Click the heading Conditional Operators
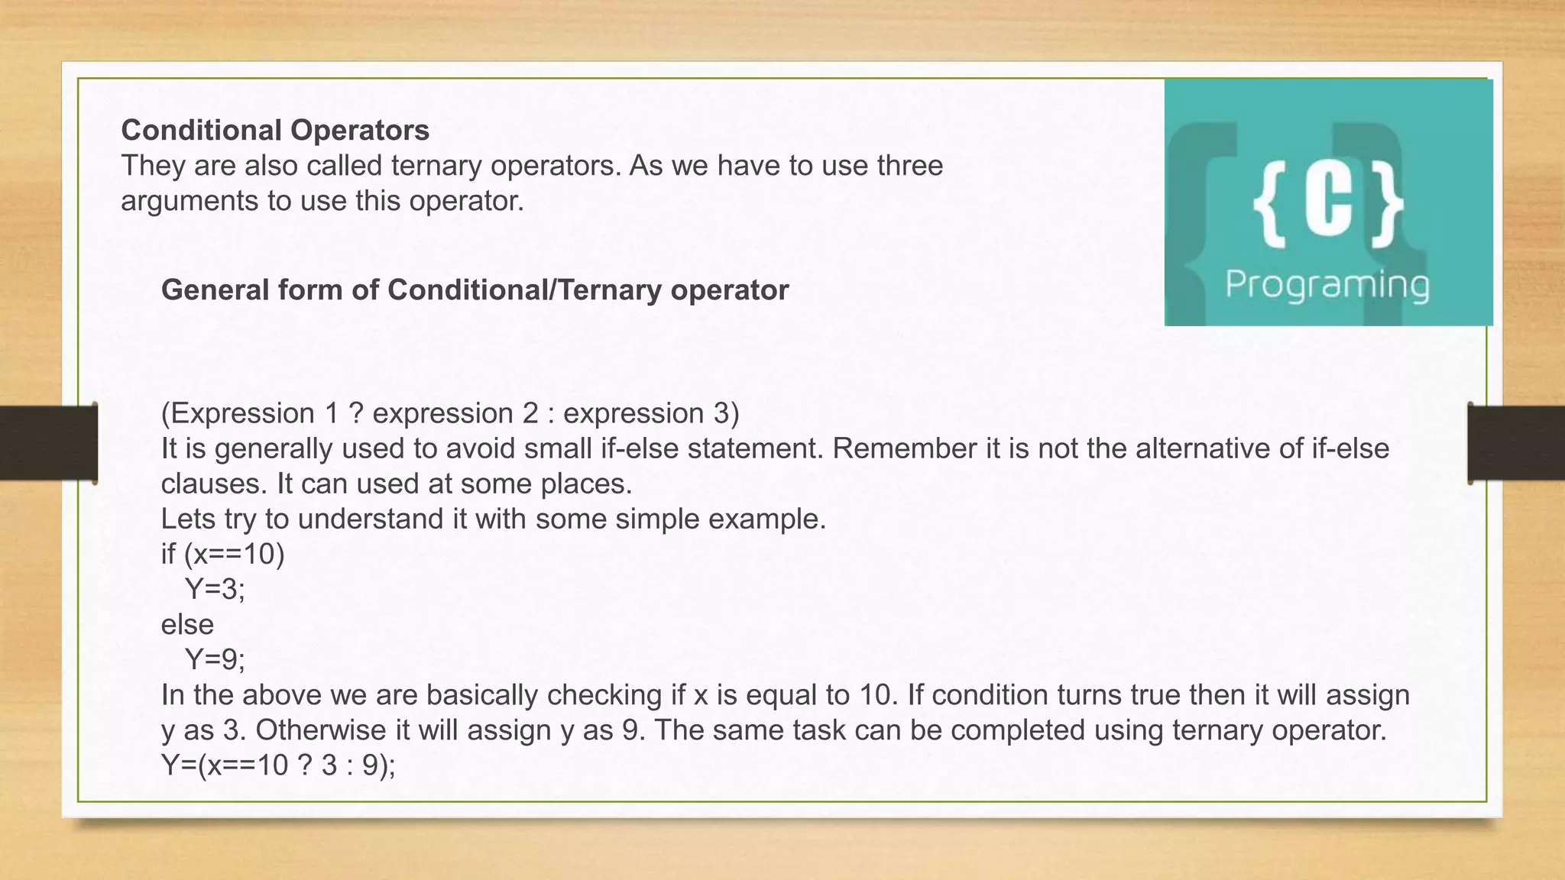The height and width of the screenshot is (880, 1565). [275, 131]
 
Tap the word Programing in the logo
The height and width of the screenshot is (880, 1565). [1327, 285]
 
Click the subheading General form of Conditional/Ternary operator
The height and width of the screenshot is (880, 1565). [475, 290]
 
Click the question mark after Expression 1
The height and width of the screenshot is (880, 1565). [355, 413]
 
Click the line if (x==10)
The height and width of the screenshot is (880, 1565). [222, 554]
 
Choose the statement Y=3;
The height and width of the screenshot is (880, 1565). [215, 589]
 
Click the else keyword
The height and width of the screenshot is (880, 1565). [187, 624]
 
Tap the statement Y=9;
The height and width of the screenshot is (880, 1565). [215, 658]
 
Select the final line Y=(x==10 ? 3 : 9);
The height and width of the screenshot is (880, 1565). [278, 765]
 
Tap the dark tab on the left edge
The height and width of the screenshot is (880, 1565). [48, 444]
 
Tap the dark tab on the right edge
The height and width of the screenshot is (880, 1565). [1516, 444]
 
